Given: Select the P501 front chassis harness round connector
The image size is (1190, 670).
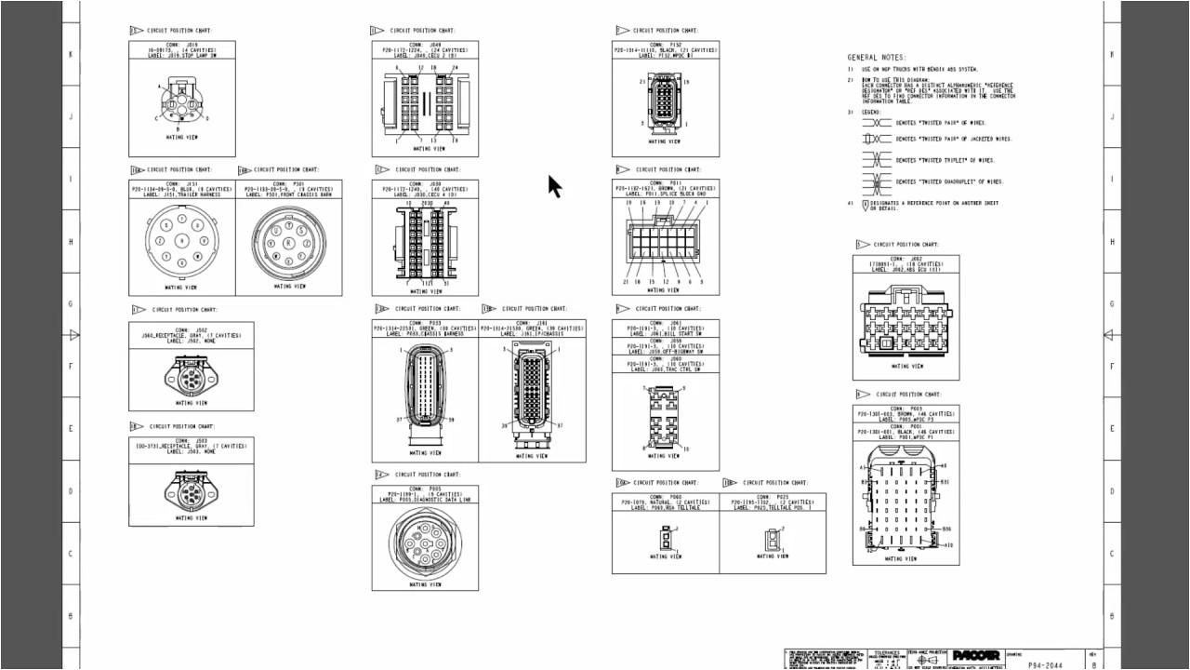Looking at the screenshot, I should [288, 240].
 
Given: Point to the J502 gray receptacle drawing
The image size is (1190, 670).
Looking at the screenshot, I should [191, 375].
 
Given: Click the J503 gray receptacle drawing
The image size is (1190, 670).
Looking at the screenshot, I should [191, 489].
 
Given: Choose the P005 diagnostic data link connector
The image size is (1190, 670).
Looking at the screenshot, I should [425, 543].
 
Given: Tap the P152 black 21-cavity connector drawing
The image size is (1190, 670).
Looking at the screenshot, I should [665, 104].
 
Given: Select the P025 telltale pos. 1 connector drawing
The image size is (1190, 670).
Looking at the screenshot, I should [772, 539].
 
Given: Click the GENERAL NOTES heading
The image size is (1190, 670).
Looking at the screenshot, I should [876, 58].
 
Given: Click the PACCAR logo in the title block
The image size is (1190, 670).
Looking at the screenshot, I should [975, 655].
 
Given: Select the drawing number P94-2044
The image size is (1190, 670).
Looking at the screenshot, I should [1046, 665].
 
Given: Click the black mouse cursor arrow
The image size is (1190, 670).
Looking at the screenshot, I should [554, 186].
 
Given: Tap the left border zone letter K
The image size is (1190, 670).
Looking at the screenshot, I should [71, 54].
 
